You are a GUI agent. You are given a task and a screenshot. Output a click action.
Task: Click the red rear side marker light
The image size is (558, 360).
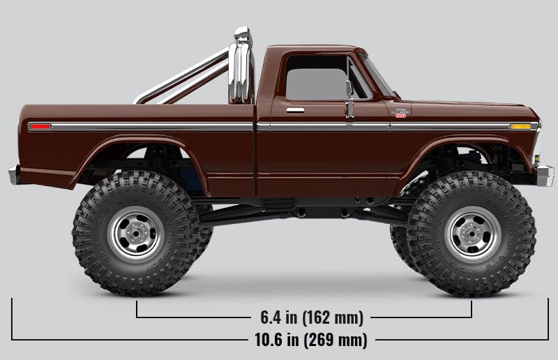tap(40, 126)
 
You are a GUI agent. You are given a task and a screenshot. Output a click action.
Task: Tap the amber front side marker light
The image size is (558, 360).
tap(520, 126)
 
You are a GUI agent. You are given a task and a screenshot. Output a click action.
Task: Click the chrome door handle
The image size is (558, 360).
tap(295, 110)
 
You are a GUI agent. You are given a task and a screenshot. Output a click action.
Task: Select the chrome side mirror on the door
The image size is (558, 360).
tap(349, 93)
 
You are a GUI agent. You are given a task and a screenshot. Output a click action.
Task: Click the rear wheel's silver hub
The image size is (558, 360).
tap(136, 233)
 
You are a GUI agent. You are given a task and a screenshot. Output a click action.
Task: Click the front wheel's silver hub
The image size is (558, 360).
tap(473, 233)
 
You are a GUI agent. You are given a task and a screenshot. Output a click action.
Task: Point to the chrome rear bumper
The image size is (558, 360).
tap(13, 175)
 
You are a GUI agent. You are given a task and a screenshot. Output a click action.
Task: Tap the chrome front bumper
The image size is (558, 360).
tap(545, 175)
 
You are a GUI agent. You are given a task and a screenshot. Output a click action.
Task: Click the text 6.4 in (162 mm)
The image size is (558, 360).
tap(312, 318)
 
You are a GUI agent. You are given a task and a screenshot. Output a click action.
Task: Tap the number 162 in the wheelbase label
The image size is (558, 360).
tap(326, 318)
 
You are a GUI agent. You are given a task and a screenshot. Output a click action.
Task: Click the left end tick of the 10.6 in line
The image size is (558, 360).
tap(12, 320)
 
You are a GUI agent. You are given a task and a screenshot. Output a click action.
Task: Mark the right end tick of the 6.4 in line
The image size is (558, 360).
tap(472, 308)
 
